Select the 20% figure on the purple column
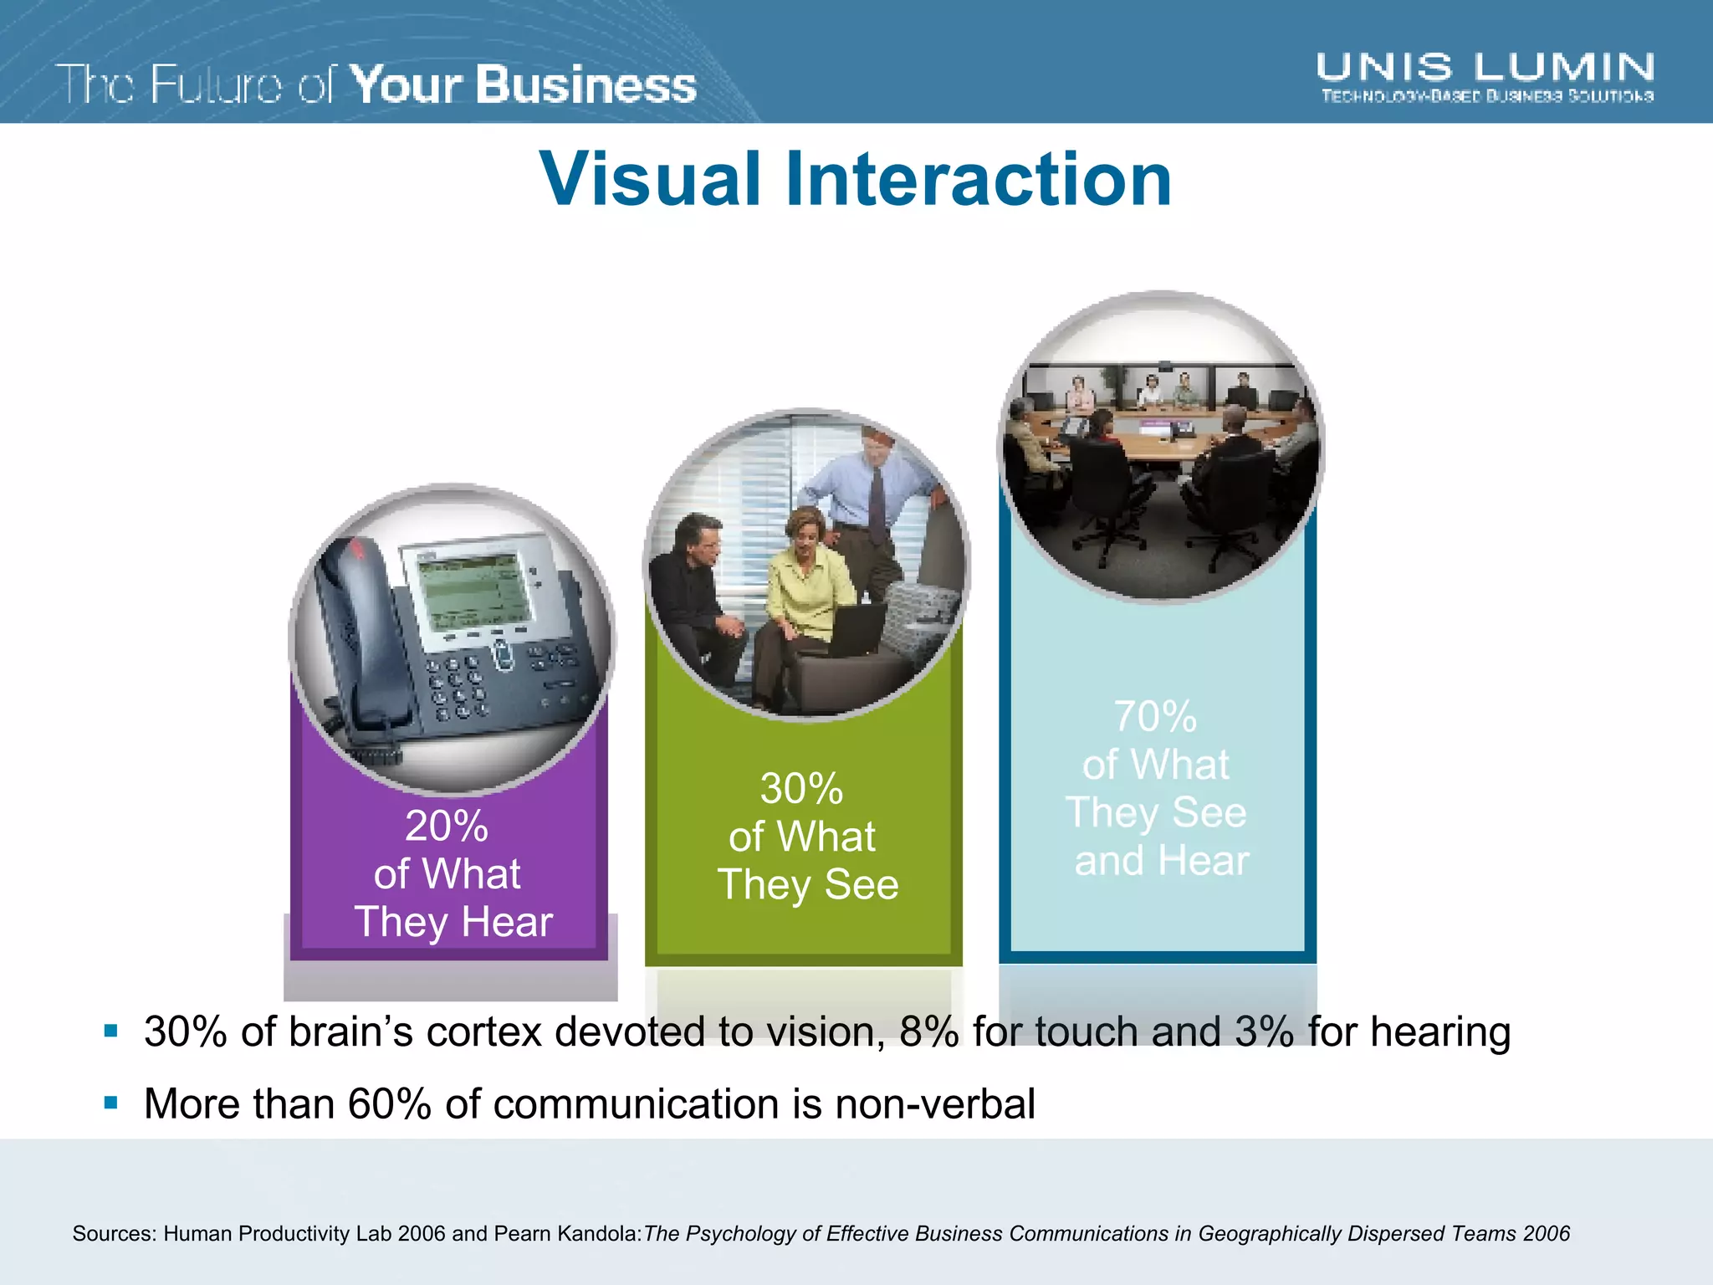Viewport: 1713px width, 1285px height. click(x=447, y=826)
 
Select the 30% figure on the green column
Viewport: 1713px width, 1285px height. click(x=801, y=788)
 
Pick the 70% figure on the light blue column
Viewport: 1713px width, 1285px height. click(x=1155, y=716)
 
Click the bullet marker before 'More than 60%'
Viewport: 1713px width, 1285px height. click(x=110, y=1103)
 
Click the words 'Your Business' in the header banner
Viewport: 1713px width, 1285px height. click(x=523, y=85)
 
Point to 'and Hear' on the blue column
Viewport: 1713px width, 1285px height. click(x=1161, y=861)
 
